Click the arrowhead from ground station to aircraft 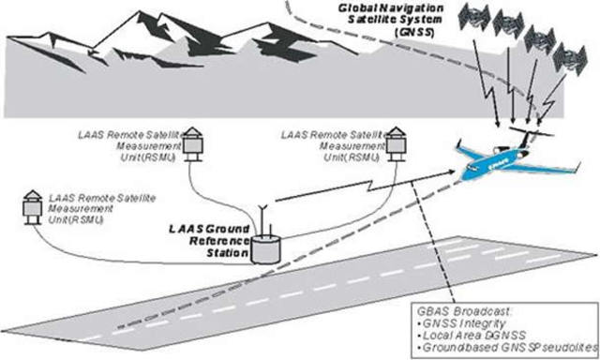tap(460, 172)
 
